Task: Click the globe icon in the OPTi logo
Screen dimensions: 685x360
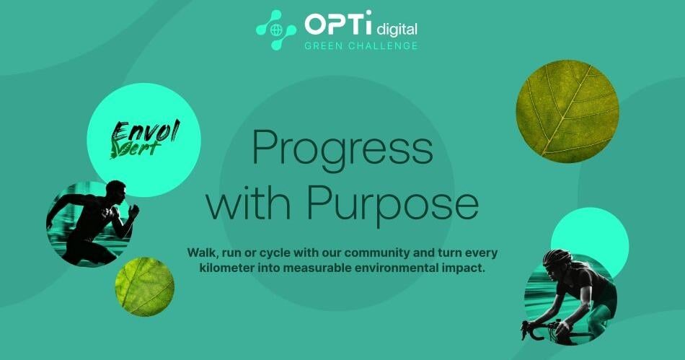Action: pyautogui.click(x=275, y=30)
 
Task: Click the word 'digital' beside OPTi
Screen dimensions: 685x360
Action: pyautogui.click(x=397, y=29)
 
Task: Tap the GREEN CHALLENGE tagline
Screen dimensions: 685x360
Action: pyautogui.click(x=361, y=46)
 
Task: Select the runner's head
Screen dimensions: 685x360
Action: pyautogui.click(x=116, y=190)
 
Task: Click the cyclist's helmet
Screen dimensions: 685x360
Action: pyautogui.click(x=557, y=257)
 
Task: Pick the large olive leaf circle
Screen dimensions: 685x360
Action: pyautogui.click(x=567, y=111)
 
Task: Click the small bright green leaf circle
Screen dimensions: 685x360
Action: pyautogui.click(x=145, y=286)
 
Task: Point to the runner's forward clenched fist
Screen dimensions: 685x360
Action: pyautogui.click(x=133, y=211)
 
